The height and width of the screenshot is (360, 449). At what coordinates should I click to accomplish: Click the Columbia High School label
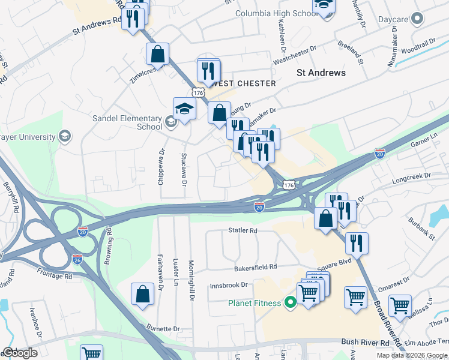point(276,13)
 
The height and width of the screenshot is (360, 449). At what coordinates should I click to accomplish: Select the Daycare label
point(393,19)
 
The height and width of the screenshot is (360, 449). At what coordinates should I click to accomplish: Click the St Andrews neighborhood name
point(321,73)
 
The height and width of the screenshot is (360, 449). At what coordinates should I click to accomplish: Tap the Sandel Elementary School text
point(127,122)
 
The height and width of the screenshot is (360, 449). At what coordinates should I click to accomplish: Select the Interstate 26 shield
point(77,260)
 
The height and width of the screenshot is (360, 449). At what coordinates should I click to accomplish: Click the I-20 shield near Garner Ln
point(379,154)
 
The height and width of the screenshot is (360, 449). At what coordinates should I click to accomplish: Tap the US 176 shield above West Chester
point(197,92)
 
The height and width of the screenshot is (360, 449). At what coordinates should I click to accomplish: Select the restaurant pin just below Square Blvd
point(357,243)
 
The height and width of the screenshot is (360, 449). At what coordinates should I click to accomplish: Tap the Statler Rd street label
point(243,230)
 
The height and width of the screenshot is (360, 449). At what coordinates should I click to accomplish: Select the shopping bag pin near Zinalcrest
point(157,54)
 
